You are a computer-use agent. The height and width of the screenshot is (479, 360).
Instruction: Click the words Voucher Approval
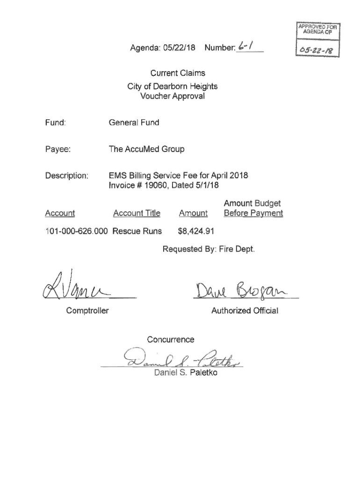coord(173,96)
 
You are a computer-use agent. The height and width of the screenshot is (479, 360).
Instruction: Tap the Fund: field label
coord(55,123)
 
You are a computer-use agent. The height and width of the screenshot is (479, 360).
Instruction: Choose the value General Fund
coord(134,123)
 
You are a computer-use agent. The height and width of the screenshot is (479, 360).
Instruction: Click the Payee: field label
coord(58,149)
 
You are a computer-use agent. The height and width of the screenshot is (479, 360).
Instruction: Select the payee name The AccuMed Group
coord(146,149)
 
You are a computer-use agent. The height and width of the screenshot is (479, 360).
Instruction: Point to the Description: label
coord(66,176)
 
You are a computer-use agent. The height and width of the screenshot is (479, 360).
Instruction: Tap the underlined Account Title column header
coord(137,213)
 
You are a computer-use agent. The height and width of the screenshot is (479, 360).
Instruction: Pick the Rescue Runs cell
coord(137,231)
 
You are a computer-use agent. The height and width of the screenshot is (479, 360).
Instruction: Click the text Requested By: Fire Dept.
coord(209,249)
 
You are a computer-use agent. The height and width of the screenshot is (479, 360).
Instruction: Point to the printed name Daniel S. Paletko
coord(186,373)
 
